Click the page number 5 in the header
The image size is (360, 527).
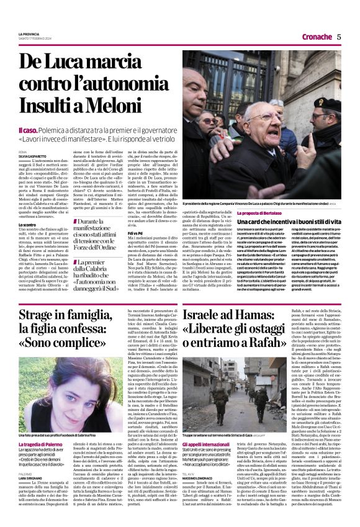tap(339, 37)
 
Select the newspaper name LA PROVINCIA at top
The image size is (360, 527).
tap(29, 34)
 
